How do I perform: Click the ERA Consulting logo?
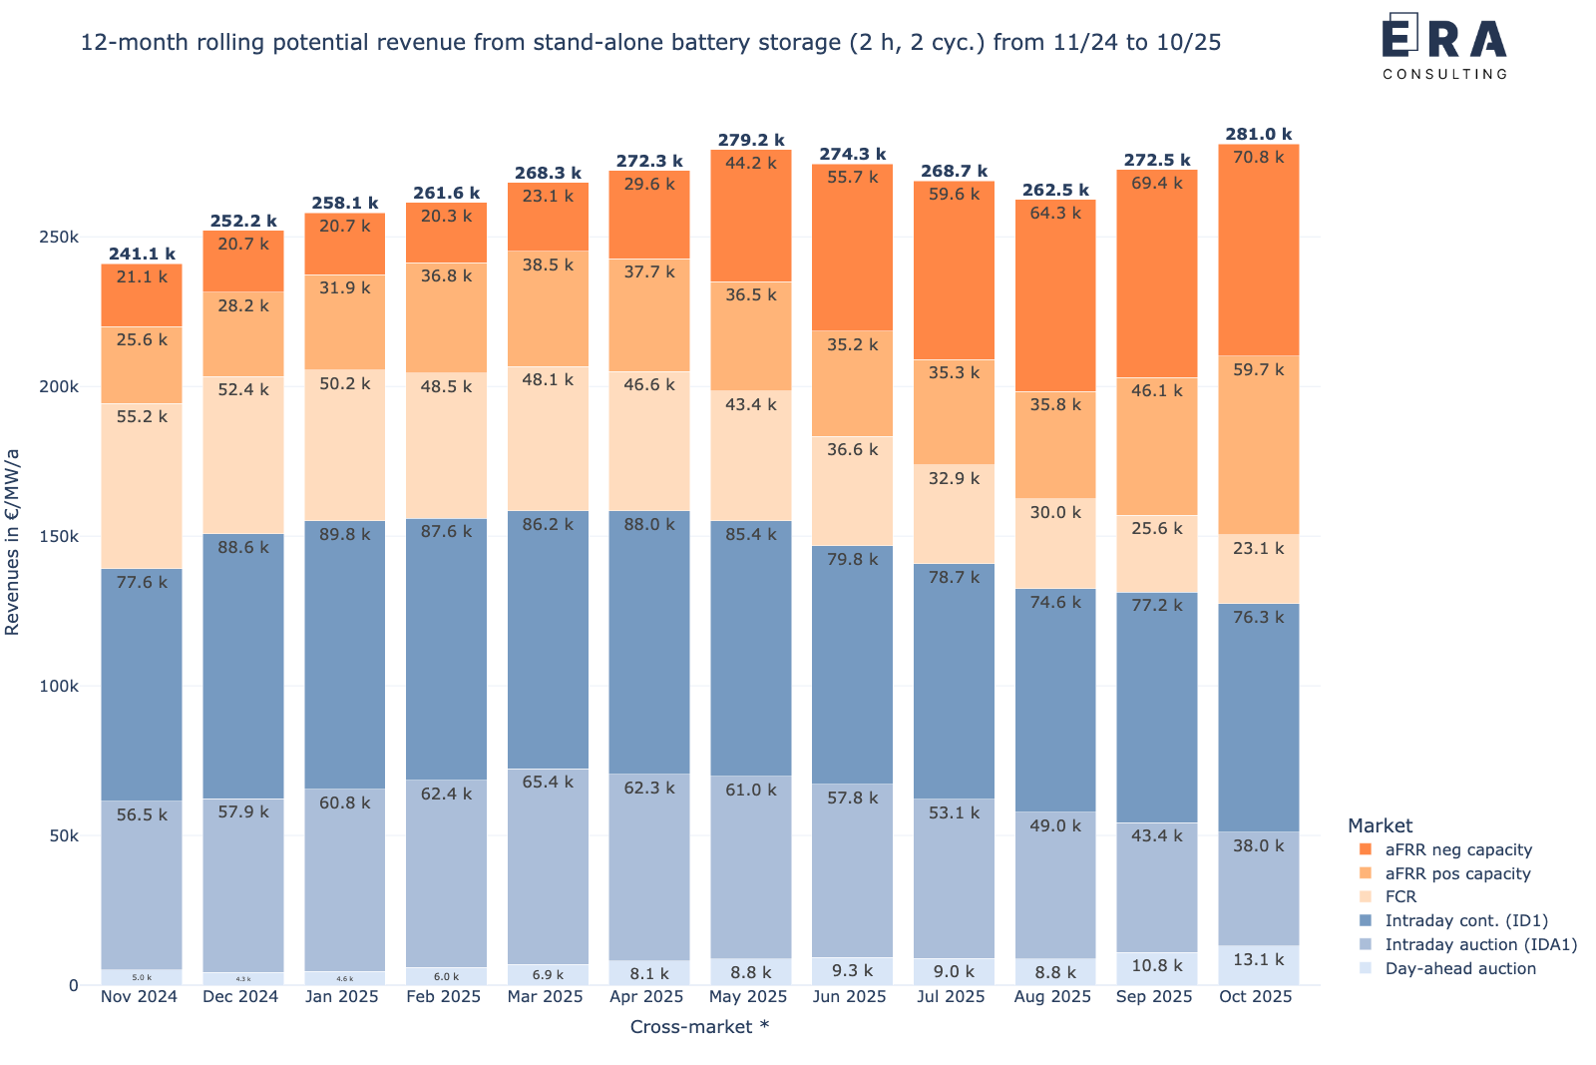point(1444,46)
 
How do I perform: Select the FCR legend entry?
point(1400,897)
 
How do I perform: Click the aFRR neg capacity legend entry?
point(1457,850)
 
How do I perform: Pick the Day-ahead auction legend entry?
point(1459,968)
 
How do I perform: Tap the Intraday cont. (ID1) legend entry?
point(1465,921)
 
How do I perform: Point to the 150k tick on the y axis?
point(60,537)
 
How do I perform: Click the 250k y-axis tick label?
point(60,238)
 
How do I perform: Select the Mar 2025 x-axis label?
point(546,997)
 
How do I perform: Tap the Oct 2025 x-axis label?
point(1256,997)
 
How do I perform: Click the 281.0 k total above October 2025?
point(1258,135)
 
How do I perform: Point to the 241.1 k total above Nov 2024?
point(142,255)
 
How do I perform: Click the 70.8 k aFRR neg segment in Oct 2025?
point(1258,250)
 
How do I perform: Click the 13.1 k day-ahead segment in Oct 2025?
point(1258,965)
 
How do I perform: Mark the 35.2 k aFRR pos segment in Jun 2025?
point(852,383)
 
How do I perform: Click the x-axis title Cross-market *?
point(699,1027)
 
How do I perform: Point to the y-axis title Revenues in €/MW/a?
point(13,542)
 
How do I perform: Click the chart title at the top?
point(650,43)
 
